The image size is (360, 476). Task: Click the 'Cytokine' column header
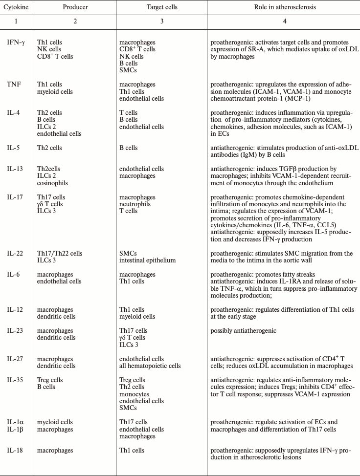coord(16,8)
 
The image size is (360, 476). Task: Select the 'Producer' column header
coord(75,8)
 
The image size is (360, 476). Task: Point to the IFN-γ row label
coord(15,43)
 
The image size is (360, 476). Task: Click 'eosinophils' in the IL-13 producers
coord(52,183)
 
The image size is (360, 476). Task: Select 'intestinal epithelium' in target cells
coord(147,260)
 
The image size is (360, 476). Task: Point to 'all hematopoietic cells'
coord(150,366)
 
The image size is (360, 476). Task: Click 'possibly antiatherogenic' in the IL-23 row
coord(243,331)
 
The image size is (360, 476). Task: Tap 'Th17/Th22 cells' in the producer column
coord(60,254)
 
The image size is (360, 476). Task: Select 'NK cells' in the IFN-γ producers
coord(49,49)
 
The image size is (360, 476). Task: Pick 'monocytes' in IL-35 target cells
coord(134,394)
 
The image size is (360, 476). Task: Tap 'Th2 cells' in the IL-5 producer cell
coord(49,148)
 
